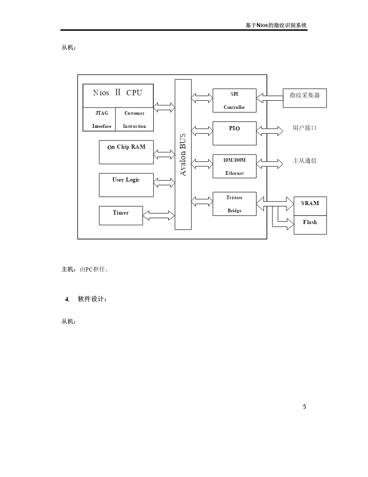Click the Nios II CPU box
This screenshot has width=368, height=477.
click(x=118, y=95)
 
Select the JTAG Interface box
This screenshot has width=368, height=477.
click(x=99, y=119)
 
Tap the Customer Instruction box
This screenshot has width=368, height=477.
click(x=134, y=119)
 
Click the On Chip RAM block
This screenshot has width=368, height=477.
click(x=126, y=152)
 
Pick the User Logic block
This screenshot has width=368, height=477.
click(x=126, y=185)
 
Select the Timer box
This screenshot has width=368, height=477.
click(x=121, y=215)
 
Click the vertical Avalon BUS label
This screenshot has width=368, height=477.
click(x=183, y=154)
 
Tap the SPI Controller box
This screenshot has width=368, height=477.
click(x=235, y=100)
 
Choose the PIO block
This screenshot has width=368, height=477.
click(x=235, y=133)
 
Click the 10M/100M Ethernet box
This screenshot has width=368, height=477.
click(x=235, y=166)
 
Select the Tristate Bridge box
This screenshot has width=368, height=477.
click(x=235, y=204)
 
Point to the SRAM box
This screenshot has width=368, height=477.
click(x=310, y=206)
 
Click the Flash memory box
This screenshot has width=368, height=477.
click(x=310, y=225)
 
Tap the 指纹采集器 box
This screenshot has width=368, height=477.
click(x=305, y=98)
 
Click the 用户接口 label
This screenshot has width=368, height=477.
click(x=304, y=128)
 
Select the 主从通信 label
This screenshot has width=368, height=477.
click(x=304, y=161)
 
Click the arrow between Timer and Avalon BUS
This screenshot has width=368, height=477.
click(x=159, y=215)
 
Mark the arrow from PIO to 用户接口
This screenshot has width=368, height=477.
click(x=270, y=131)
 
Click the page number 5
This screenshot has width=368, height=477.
click(x=304, y=407)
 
